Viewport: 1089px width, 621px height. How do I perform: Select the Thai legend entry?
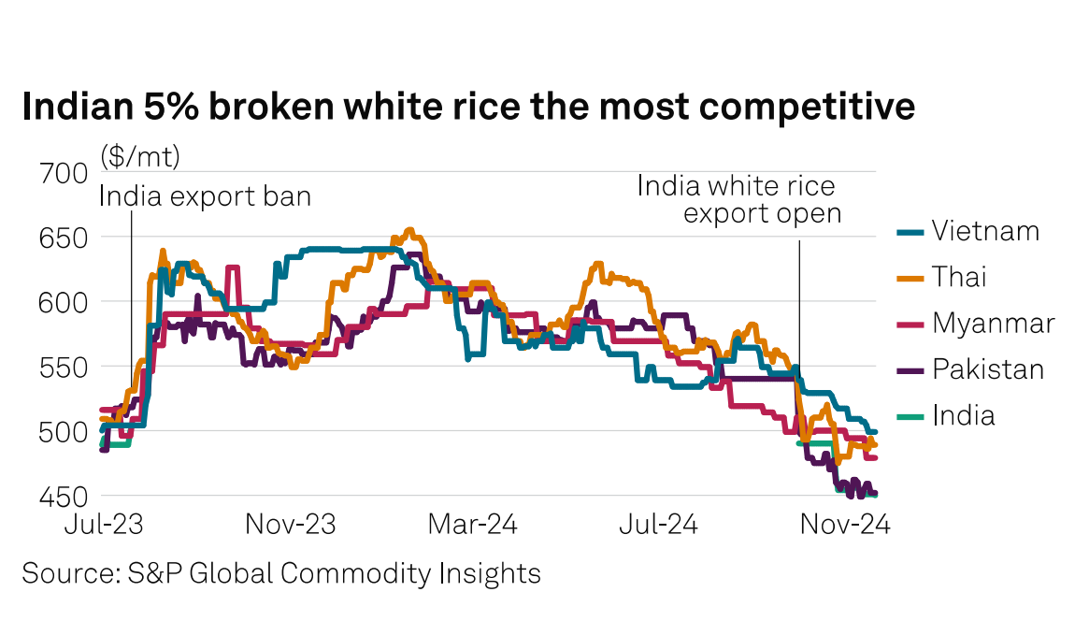pyautogui.click(x=958, y=277)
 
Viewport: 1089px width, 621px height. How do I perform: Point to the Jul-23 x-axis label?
pyautogui.click(x=104, y=525)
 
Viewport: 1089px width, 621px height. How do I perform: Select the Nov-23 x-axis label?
pyautogui.click(x=290, y=525)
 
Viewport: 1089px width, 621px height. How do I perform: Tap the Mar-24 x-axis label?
pyautogui.click(x=472, y=525)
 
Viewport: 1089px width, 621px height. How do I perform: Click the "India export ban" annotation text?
pyautogui.click(x=205, y=196)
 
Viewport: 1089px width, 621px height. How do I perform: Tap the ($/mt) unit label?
pyautogui.click(x=140, y=155)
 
